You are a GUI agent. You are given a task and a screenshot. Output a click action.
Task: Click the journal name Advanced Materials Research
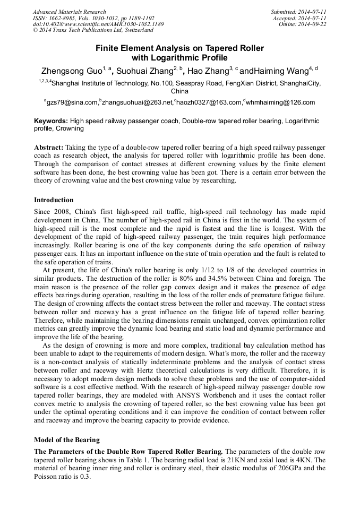point(69,12)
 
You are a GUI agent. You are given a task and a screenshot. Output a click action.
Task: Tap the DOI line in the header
point(98,24)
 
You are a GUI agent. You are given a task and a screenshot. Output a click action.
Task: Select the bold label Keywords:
point(51,121)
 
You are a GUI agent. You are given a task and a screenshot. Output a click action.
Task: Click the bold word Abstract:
point(49,146)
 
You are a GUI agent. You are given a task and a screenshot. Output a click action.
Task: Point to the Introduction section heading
point(54,200)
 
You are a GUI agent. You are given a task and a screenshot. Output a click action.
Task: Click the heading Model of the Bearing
point(67,440)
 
